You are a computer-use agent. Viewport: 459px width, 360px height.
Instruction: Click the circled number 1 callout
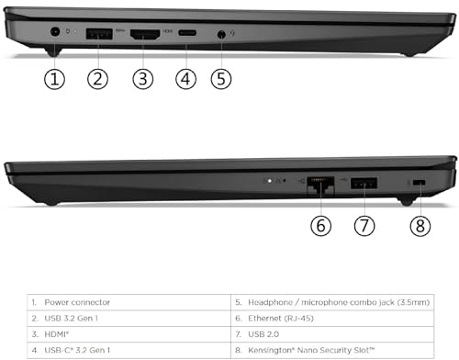coord(55,79)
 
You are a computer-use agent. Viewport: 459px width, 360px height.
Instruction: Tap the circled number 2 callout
coord(99,79)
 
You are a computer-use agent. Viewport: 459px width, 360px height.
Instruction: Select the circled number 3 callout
coord(142,79)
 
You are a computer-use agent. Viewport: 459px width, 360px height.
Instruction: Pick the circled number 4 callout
coord(186,79)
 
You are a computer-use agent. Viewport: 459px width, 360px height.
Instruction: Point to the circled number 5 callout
coord(221,79)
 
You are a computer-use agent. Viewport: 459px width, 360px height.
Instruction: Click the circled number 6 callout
coord(319,223)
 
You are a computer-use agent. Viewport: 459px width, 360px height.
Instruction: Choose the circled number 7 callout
coord(364,223)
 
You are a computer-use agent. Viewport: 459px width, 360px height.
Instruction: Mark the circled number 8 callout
coord(421,223)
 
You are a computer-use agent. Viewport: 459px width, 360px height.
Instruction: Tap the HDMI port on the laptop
coord(142,34)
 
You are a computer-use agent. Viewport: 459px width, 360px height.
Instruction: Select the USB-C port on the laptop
coord(186,34)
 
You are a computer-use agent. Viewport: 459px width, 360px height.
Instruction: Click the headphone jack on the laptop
coord(221,35)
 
